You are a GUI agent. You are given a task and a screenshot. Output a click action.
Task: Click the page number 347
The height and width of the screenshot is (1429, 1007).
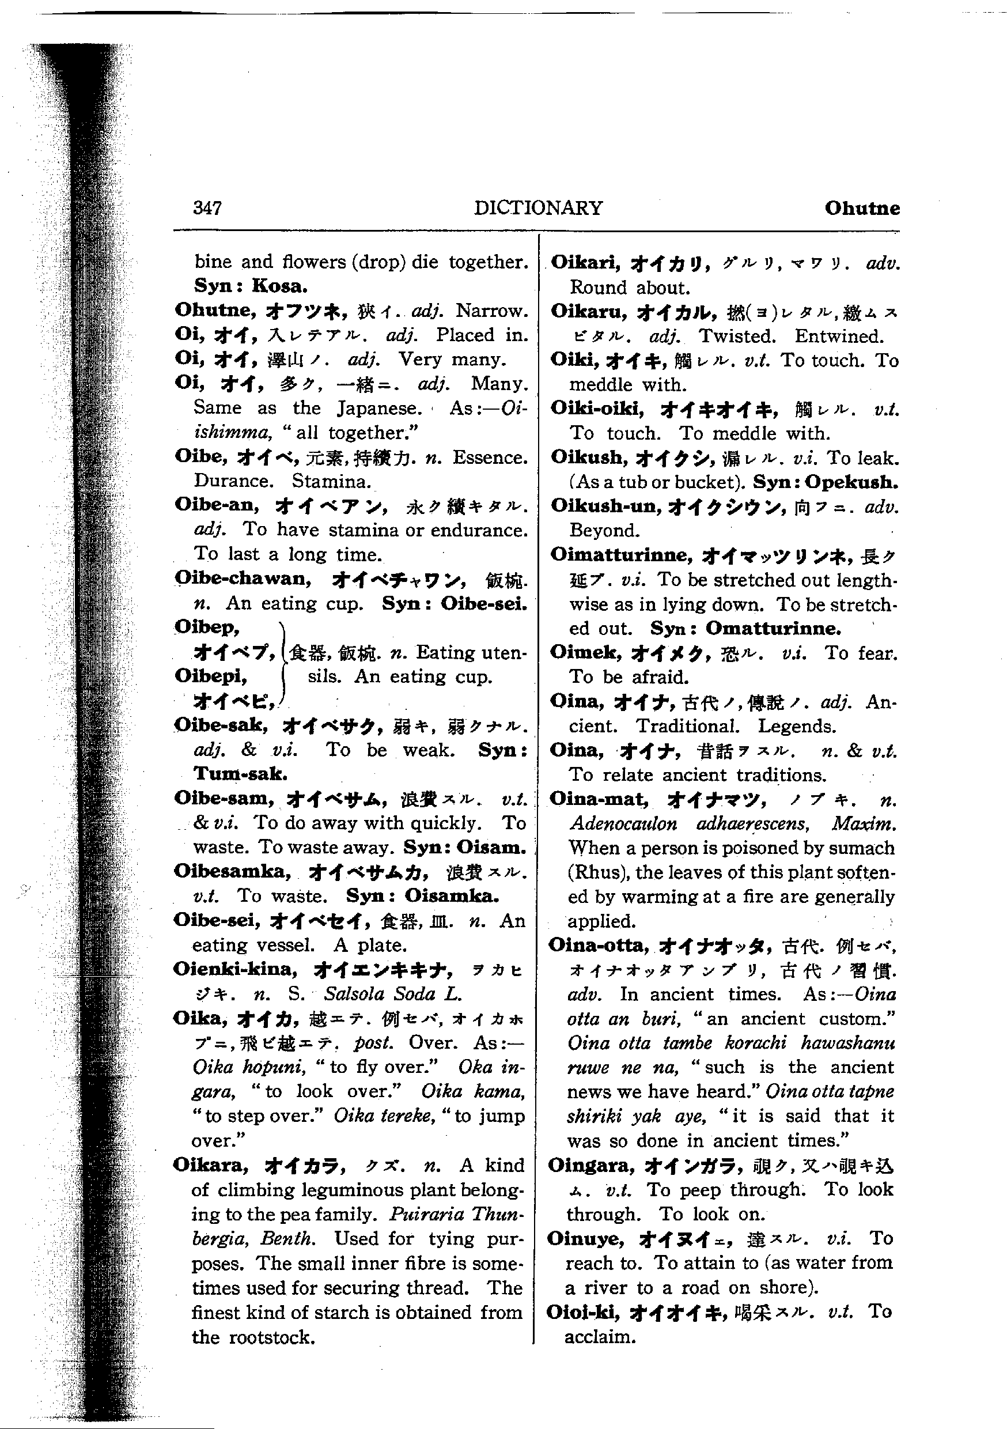(207, 208)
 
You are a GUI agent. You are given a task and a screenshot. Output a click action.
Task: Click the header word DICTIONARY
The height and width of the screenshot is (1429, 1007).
(537, 208)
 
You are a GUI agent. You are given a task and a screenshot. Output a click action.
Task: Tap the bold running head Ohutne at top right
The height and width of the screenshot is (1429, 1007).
(861, 208)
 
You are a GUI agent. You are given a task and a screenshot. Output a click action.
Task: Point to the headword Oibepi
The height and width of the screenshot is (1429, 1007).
(210, 676)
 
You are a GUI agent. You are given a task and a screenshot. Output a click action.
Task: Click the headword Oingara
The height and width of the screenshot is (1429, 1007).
(590, 1165)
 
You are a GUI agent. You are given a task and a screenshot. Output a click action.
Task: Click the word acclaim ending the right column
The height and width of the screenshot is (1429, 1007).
(599, 1336)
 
